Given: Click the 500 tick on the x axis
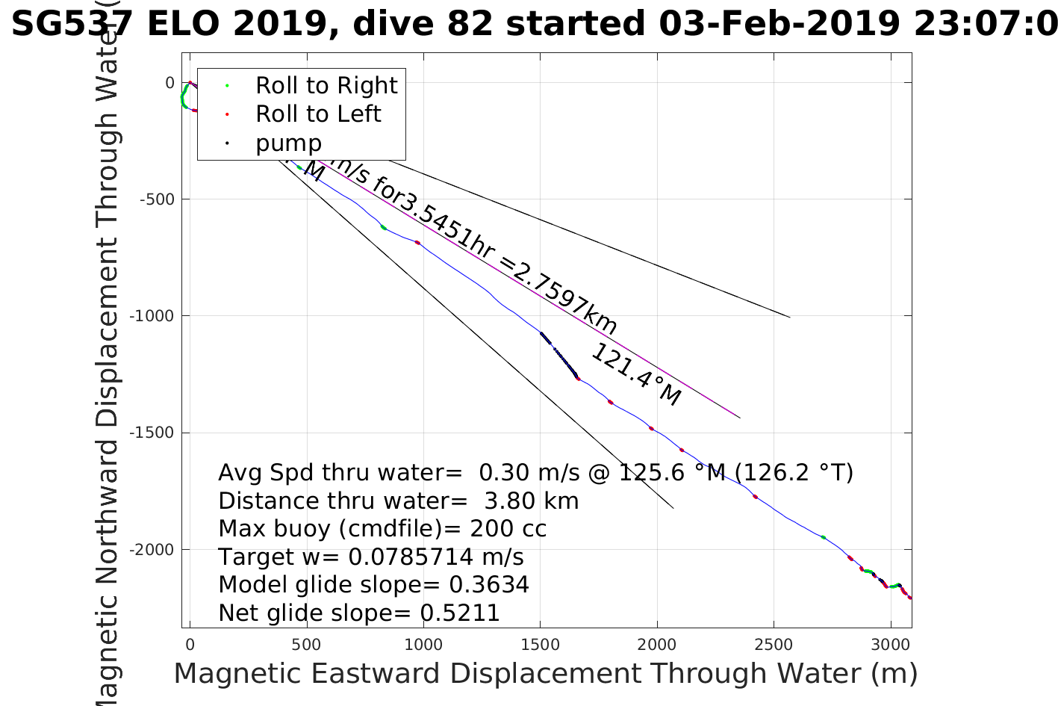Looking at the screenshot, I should point(307,645).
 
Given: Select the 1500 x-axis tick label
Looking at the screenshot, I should point(540,645).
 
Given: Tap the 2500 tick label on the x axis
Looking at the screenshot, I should point(774,645).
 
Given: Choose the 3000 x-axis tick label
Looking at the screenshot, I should point(890,645).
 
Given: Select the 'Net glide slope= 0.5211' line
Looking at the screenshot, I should point(358,613).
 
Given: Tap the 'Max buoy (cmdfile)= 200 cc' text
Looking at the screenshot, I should point(382,529).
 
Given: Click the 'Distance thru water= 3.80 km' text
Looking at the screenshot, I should point(398,501).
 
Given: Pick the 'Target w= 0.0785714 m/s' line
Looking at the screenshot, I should point(370,557).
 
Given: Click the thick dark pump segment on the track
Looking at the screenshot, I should point(558,354).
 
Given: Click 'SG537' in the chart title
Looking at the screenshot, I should point(72,24).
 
